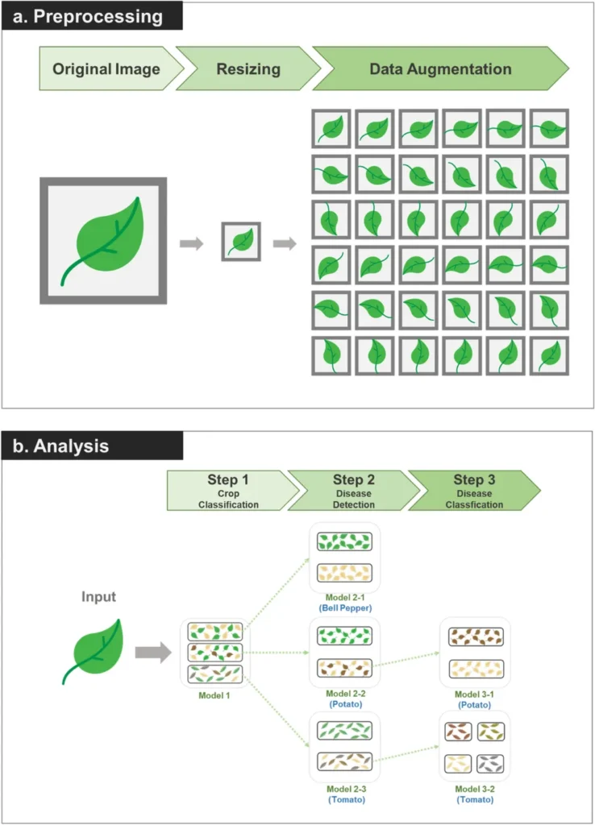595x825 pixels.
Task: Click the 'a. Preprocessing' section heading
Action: click(x=90, y=16)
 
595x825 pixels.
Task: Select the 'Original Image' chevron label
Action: click(x=106, y=68)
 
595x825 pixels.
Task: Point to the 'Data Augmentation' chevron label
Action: click(x=439, y=68)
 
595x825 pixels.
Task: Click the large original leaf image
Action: click(x=103, y=240)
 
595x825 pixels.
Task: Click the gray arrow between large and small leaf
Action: click(x=191, y=243)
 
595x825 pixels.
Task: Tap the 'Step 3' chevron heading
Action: click(x=474, y=480)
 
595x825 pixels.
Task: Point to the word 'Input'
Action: click(x=98, y=597)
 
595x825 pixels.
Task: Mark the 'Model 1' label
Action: click(x=215, y=695)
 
